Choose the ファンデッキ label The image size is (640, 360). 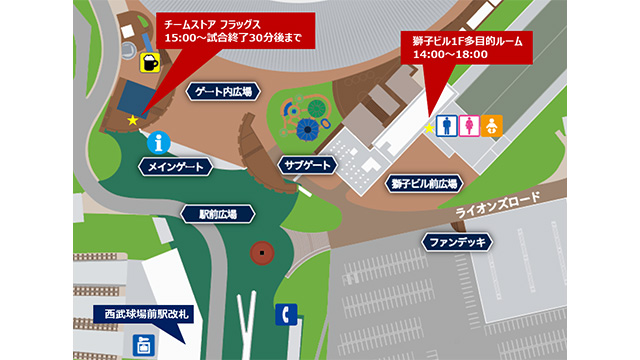[x=456, y=242]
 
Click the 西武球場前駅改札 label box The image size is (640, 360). [x=149, y=314]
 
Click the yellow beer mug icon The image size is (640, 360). [x=150, y=62]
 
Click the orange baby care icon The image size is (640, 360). [x=491, y=126]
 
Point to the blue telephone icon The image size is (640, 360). [x=287, y=314]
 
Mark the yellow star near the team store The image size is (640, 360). [x=133, y=120]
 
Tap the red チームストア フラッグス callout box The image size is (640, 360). [x=229, y=33]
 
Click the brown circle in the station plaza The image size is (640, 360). [x=263, y=252]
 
